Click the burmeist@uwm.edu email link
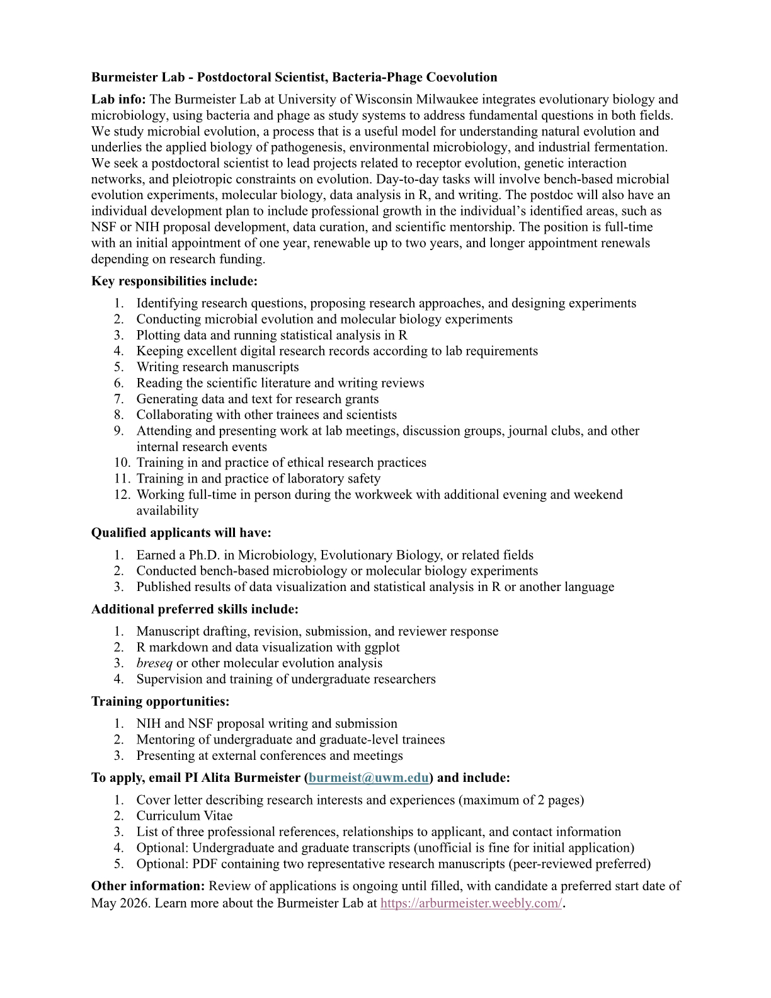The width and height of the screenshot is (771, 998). pos(368,777)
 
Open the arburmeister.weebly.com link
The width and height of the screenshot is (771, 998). pos(471,903)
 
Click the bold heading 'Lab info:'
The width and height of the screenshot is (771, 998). pos(118,100)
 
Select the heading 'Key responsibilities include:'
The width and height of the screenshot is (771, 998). pos(174,281)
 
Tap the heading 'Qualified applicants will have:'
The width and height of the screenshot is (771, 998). pos(181,533)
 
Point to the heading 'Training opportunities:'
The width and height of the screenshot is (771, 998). pos(161,701)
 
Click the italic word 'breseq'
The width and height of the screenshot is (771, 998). pos(154,663)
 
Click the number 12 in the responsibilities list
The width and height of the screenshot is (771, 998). pos(122,495)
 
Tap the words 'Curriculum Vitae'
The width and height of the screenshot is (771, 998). pos(185,816)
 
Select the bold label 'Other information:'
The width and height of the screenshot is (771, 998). pos(148,886)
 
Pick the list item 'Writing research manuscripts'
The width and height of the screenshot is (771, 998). pos(218,367)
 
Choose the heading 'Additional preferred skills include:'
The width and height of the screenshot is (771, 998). pos(195,609)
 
